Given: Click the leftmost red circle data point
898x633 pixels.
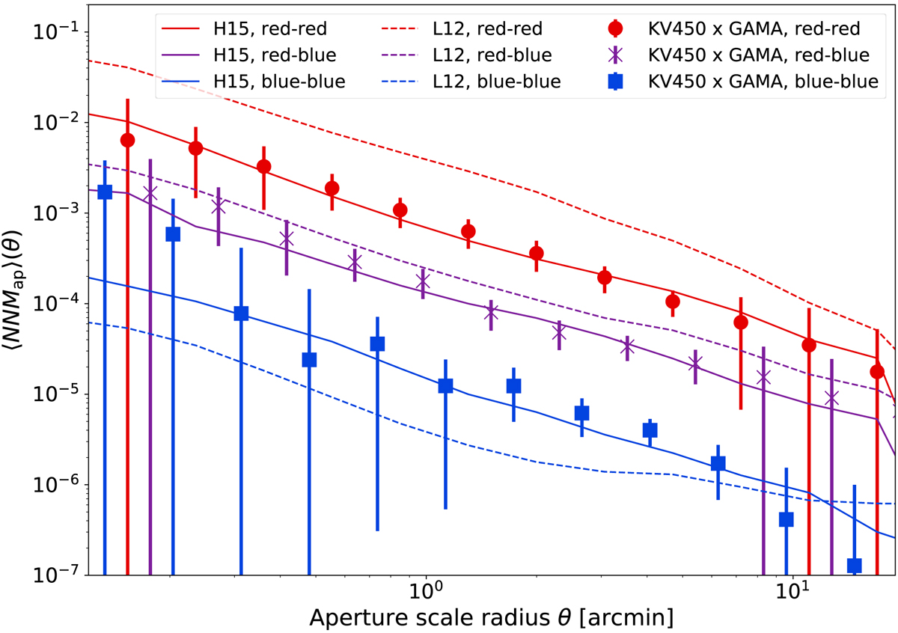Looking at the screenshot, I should pos(127,140).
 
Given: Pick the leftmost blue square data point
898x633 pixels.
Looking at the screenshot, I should pos(105,192).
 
